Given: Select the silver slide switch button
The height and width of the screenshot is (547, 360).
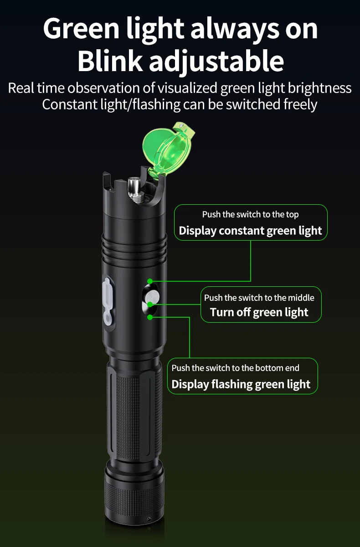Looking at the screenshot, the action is coord(150,297).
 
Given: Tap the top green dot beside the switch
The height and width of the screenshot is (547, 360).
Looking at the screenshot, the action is coord(150,282).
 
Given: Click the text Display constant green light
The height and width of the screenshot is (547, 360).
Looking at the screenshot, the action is coord(250,231).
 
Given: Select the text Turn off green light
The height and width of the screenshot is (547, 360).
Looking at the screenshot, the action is coord(259,312).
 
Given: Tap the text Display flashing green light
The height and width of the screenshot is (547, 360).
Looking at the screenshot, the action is coord(241,384).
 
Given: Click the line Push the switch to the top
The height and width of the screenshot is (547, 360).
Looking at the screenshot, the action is coord(250,214).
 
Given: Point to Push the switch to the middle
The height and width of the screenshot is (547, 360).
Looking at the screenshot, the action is coord(259,298).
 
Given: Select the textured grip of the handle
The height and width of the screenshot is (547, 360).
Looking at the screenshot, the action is coord(134,410).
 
